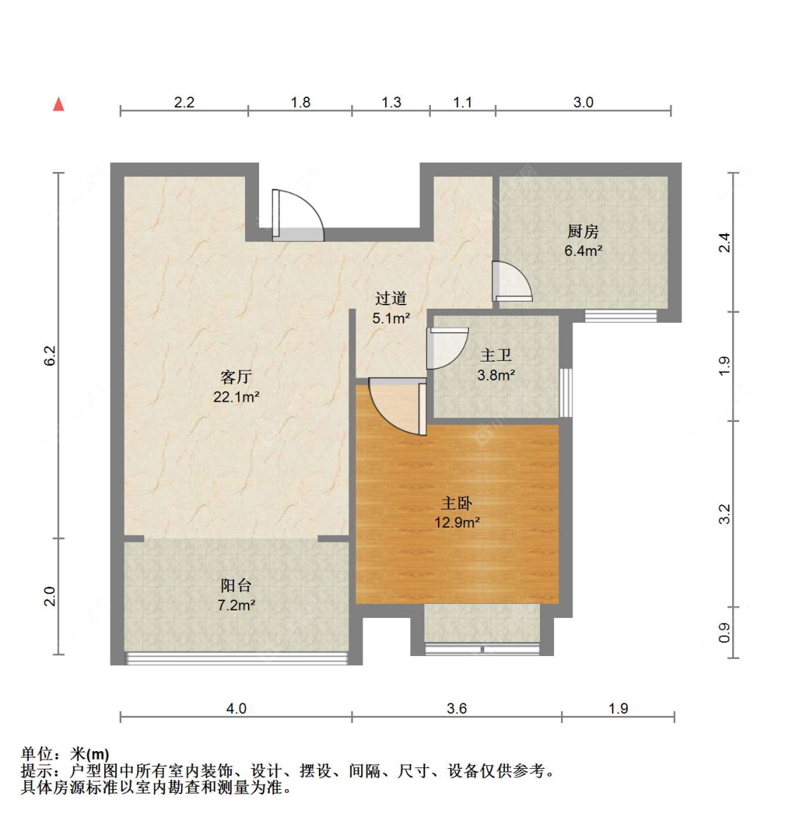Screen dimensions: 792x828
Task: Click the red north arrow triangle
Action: tap(58, 104)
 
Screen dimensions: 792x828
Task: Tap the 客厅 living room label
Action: tap(236, 377)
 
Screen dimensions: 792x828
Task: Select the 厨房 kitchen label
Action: tap(583, 231)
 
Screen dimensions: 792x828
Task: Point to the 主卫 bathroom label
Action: tap(496, 355)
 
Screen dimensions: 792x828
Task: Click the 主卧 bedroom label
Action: tap(457, 502)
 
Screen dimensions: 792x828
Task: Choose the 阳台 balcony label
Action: tap(236, 585)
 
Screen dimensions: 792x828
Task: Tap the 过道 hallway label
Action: tap(391, 298)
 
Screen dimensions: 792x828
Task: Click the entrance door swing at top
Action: tap(298, 216)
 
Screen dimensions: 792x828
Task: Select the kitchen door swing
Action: tap(512, 281)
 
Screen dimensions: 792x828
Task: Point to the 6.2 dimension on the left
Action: tap(49, 356)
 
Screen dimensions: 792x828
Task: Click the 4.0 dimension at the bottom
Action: tap(237, 708)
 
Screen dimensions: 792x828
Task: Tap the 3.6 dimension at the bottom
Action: tap(457, 708)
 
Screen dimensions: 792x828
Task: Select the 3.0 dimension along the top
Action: tap(584, 102)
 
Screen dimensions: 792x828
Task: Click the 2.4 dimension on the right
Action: tap(725, 242)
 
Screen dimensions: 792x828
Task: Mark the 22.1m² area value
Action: tap(237, 397)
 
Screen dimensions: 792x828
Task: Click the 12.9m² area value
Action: tap(457, 522)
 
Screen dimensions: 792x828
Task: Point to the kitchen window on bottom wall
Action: tap(621, 316)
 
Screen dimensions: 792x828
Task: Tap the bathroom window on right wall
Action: tap(565, 393)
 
